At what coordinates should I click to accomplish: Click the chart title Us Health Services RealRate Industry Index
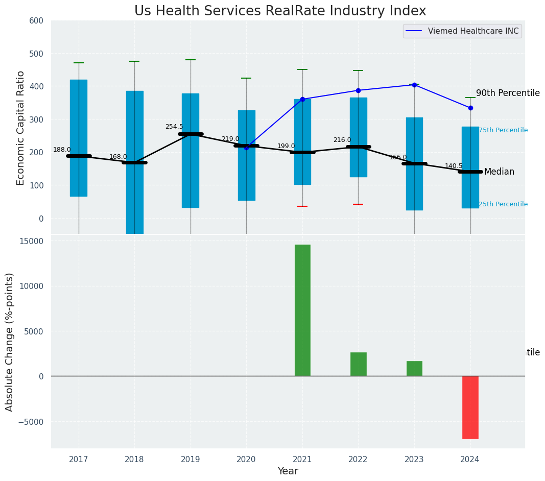click(280, 11)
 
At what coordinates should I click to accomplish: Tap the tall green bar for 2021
click(302, 310)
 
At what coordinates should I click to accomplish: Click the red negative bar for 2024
click(470, 407)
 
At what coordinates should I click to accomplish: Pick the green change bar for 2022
click(358, 364)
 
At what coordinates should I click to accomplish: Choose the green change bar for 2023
click(414, 368)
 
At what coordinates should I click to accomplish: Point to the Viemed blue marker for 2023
click(414, 85)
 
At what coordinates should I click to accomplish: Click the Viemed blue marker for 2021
click(302, 99)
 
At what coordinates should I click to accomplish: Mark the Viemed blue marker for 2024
click(470, 108)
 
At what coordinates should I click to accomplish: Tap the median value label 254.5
click(174, 127)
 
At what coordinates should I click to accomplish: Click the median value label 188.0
click(62, 150)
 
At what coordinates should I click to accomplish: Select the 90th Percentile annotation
click(508, 93)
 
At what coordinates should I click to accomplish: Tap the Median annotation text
click(499, 172)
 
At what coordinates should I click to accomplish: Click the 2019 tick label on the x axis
click(191, 460)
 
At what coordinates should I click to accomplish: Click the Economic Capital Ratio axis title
click(20, 128)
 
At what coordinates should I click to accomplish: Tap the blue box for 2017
click(79, 138)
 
